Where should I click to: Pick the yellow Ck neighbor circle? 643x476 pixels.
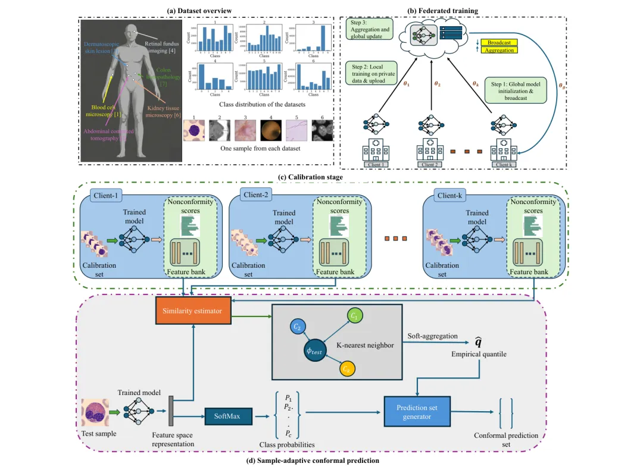point(348,369)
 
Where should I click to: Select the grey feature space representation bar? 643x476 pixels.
point(171,411)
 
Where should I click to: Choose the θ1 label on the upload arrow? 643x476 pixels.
point(406,84)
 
